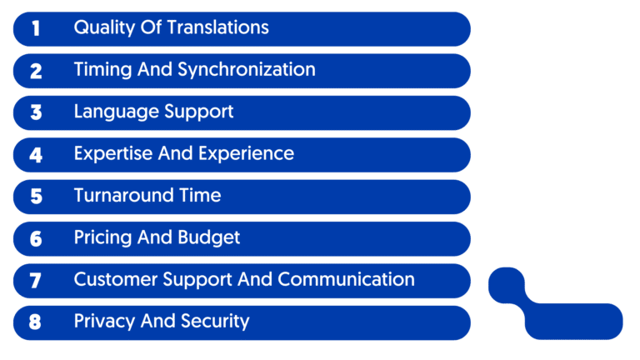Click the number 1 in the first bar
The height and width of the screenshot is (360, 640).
(36, 28)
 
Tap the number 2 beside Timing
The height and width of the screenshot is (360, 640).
(36, 71)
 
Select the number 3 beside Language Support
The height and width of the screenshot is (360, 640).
(36, 112)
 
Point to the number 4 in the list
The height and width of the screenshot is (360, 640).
(36, 155)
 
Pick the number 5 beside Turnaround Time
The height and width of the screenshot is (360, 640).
(36, 197)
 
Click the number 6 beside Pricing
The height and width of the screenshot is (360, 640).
(36, 239)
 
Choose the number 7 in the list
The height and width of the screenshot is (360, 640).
(36, 281)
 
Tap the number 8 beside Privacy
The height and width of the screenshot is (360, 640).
(36, 322)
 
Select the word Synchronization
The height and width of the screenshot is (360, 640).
(247, 70)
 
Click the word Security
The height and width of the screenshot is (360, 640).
(213, 321)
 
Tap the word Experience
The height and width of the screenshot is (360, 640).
(250, 154)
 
